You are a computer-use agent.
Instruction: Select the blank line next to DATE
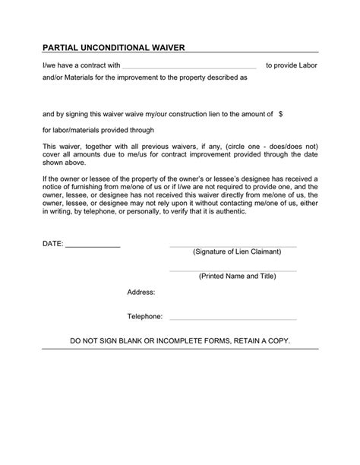coord(93,247)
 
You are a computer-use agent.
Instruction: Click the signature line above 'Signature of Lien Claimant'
coord(232,246)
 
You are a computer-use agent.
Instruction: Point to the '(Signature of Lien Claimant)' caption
coord(237,251)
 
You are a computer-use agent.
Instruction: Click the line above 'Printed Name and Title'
coord(232,270)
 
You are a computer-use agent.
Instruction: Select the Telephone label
coord(145,315)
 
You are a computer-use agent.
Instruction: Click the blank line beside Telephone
coord(232,318)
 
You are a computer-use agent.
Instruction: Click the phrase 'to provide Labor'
coord(292,65)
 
